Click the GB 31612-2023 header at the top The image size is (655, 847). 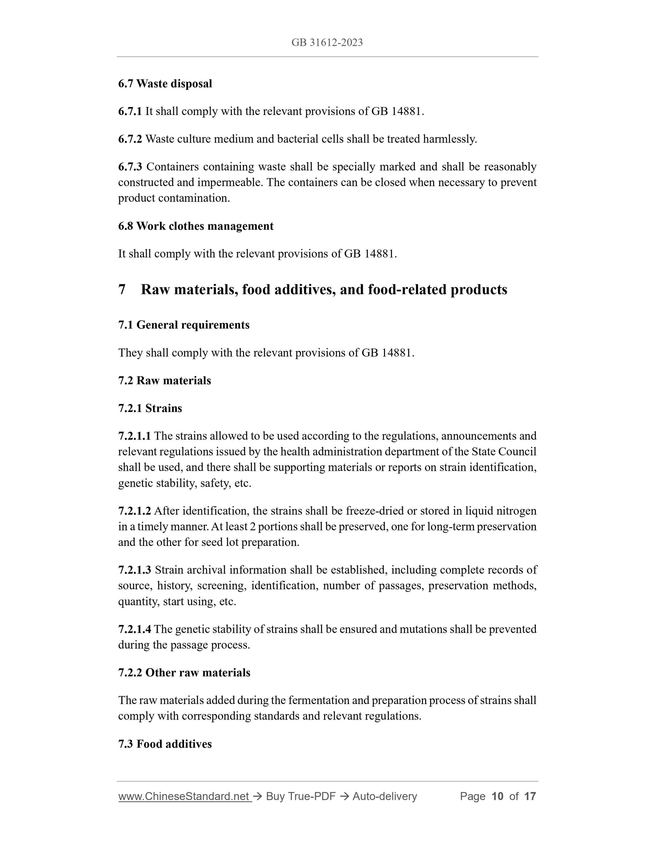[327, 43]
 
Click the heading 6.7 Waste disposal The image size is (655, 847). [165, 84]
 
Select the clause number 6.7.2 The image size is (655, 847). [130, 139]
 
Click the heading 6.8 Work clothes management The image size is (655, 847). [196, 226]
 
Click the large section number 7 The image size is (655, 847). [122, 290]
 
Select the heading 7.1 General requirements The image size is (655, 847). [183, 325]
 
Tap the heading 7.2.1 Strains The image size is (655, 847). [150, 408]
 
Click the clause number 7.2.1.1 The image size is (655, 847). [134, 436]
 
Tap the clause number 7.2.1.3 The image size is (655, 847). [135, 570]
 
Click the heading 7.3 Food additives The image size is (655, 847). [165, 744]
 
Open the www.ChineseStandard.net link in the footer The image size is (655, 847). [183, 797]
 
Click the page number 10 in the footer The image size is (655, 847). [497, 797]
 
